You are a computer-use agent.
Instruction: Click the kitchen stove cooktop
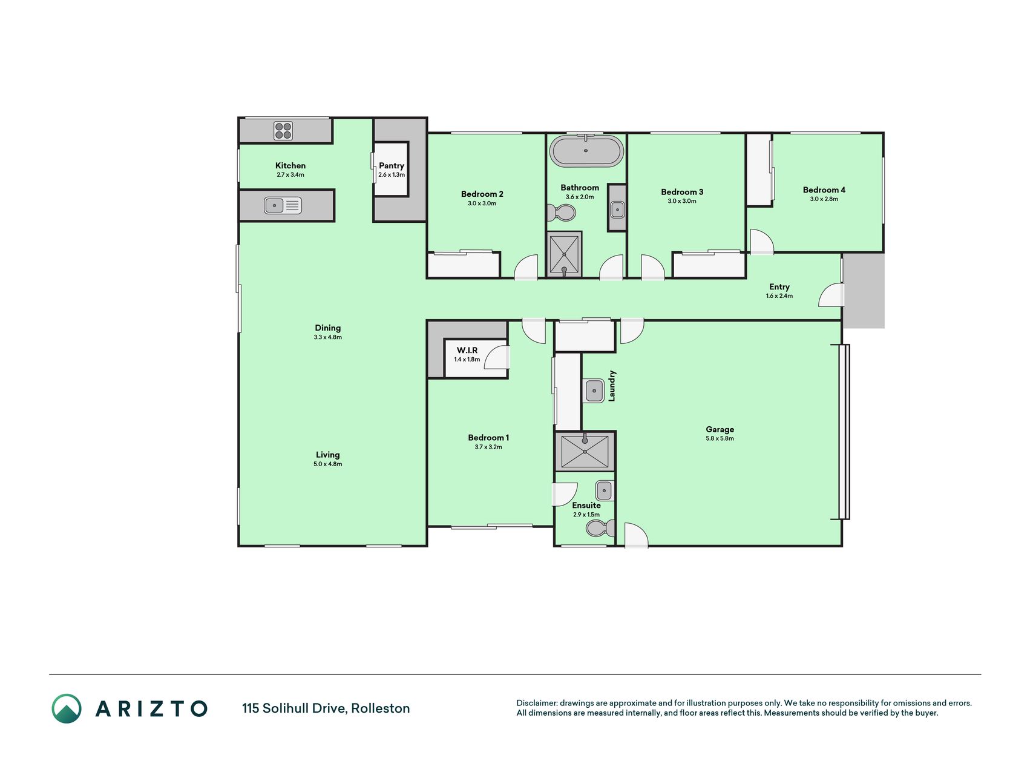point(283,131)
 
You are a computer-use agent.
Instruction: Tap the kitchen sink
point(283,206)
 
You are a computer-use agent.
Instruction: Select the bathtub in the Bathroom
point(586,151)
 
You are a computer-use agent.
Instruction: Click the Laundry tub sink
point(594,391)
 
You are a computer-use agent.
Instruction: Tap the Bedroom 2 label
point(482,194)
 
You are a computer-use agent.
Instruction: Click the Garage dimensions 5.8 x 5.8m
point(720,438)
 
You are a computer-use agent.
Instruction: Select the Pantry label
point(392,165)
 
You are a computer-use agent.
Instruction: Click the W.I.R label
point(467,351)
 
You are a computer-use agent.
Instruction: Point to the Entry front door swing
point(831,295)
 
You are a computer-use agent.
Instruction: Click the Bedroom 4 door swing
point(762,242)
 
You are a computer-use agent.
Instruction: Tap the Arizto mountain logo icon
point(67,708)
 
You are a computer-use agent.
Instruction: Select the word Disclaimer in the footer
point(536,703)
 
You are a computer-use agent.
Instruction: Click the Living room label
point(328,455)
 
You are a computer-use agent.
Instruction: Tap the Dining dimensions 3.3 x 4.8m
point(328,337)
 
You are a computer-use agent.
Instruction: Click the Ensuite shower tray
point(585,451)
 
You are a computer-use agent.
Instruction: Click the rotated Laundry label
point(612,386)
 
